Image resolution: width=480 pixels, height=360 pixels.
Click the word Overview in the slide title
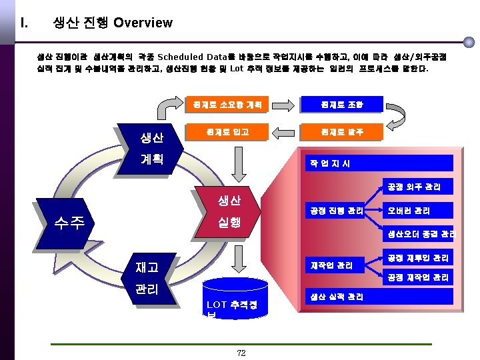coord(143,23)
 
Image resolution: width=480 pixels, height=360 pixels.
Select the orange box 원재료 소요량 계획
coord(227,105)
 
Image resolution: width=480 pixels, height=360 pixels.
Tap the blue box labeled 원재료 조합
coord(341,105)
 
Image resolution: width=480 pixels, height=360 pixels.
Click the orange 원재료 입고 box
coord(227,132)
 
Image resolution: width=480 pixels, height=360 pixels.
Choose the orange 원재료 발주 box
coord(341,132)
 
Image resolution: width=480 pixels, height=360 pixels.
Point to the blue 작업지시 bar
coord(377,163)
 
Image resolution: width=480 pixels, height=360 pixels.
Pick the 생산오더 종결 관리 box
coord(420,234)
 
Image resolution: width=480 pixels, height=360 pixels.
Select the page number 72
coord(241,353)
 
